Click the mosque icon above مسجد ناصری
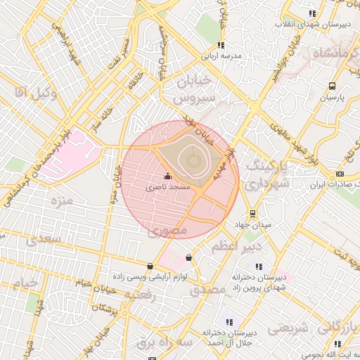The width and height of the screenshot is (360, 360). tap(167, 176)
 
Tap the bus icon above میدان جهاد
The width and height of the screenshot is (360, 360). tap(252, 214)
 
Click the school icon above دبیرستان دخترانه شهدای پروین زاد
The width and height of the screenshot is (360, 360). tap(259, 266)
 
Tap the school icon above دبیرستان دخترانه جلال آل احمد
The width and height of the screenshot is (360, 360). tap(229, 322)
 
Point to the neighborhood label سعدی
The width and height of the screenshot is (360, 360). tap(44, 240)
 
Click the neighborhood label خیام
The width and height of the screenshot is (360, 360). tap(24, 283)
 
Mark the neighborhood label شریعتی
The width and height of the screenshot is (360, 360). tap(290, 327)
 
